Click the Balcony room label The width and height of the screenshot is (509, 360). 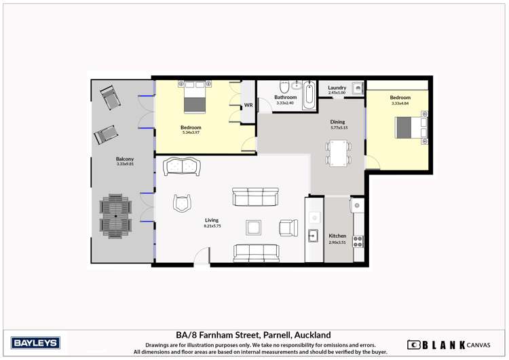[124, 159]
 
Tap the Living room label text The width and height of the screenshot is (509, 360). [212, 220]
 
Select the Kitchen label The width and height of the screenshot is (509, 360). [337, 236]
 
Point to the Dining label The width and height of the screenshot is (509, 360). [337, 122]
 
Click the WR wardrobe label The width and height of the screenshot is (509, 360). [248, 105]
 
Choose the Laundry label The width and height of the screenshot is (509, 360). [337, 88]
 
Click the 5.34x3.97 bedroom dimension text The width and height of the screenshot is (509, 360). [191, 133]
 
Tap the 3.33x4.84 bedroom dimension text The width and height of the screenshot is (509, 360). [400, 103]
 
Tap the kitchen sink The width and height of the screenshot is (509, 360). [314, 236]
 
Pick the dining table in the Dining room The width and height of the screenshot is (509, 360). [337, 153]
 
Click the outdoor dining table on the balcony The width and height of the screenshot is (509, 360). [115, 216]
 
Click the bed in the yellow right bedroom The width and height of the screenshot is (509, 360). [411, 127]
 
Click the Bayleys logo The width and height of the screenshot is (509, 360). [36, 342]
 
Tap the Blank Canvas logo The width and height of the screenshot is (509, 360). [445, 344]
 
